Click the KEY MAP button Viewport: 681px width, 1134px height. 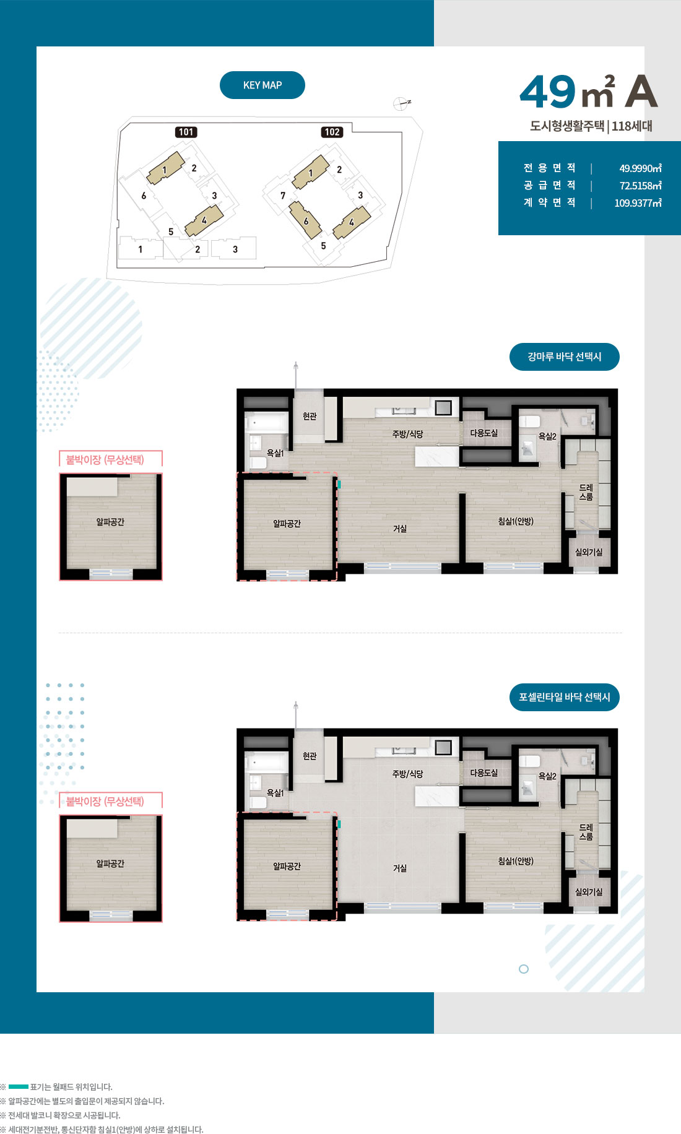click(x=262, y=85)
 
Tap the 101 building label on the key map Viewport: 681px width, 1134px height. click(x=186, y=132)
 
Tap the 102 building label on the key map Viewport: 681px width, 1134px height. click(x=332, y=132)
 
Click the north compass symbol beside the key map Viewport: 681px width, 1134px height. click(x=402, y=103)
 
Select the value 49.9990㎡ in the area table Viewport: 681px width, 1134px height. click(x=640, y=168)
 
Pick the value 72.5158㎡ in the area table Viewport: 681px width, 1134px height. click(x=640, y=186)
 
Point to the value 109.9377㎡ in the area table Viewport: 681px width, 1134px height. click(x=638, y=203)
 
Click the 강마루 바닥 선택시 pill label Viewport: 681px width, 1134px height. click(x=565, y=357)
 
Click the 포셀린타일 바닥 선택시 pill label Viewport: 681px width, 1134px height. click(x=565, y=697)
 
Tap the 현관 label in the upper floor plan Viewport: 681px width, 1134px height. click(x=310, y=417)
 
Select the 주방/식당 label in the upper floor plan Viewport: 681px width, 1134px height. click(x=407, y=434)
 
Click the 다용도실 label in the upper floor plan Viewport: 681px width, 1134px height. click(x=484, y=433)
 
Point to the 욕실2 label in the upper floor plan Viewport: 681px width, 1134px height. click(x=547, y=436)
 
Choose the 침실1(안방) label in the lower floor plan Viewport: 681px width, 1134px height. click(x=516, y=861)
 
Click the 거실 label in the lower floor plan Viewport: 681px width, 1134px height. click(x=400, y=868)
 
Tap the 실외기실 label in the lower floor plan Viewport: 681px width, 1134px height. click(x=588, y=892)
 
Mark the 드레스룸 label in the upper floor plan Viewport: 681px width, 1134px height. click(x=586, y=492)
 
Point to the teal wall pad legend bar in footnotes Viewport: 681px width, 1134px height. click(x=19, y=1086)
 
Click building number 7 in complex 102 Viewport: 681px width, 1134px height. click(x=283, y=196)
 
